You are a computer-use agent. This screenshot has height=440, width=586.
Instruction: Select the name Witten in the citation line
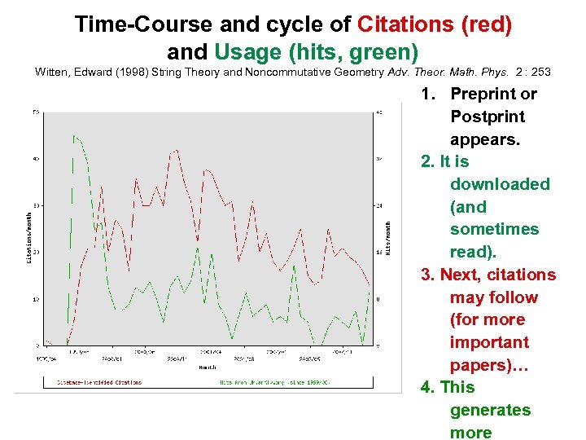tap(52, 73)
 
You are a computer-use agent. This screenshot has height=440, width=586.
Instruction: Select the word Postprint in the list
tap(488, 117)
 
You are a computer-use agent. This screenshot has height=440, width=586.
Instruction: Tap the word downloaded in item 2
tap(500, 184)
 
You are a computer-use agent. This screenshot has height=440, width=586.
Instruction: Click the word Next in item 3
tap(459, 275)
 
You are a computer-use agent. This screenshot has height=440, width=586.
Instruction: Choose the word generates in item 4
tap(490, 410)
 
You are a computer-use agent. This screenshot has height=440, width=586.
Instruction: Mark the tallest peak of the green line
tap(74, 135)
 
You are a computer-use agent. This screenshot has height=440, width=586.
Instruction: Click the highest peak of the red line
tap(175, 150)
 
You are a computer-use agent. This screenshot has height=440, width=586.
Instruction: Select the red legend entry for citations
tap(99, 382)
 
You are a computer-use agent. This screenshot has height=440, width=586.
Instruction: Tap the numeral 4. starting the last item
tap(428, 387)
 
